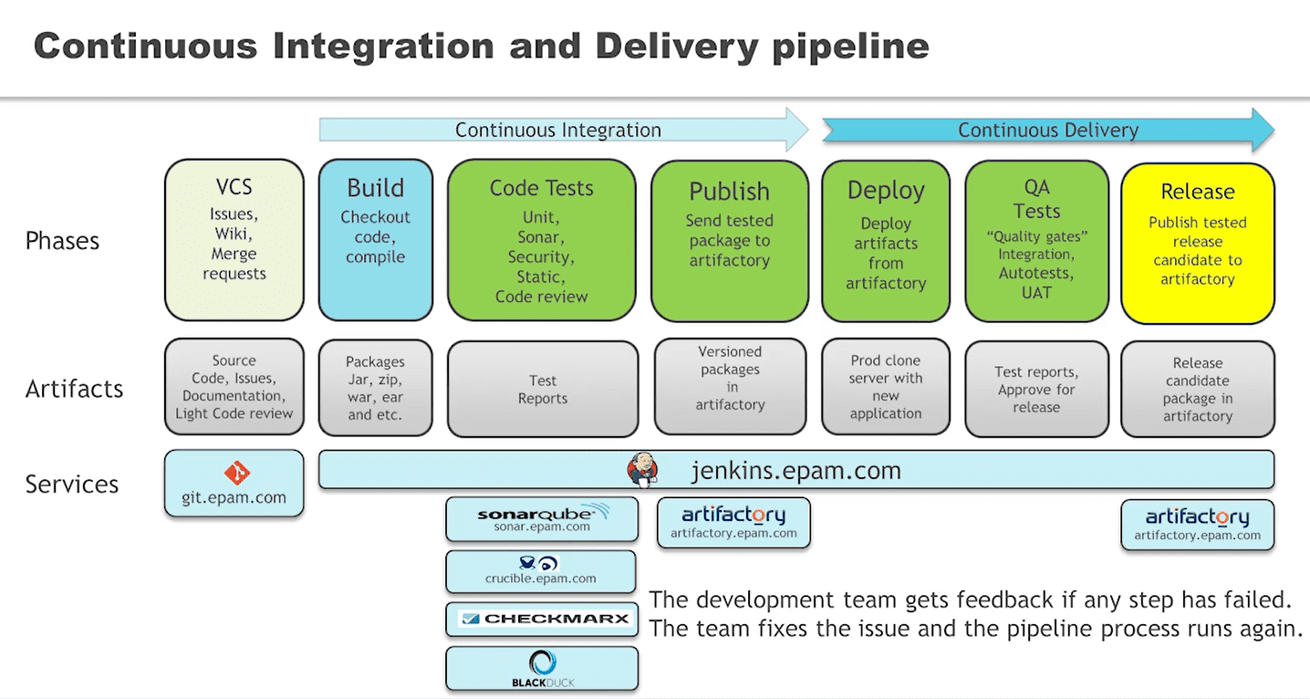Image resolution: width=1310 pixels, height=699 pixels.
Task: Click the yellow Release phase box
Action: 1197,243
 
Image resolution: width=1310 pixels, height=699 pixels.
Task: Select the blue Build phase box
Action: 375,240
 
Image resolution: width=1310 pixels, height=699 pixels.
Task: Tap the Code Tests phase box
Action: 541,240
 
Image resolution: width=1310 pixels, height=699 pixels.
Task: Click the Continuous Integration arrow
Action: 558,130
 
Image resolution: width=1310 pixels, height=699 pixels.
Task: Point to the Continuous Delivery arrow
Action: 1047,130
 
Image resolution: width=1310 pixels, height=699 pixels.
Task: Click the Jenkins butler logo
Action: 642,471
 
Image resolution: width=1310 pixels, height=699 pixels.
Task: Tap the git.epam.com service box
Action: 234,483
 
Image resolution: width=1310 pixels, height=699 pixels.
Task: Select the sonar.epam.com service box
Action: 541,519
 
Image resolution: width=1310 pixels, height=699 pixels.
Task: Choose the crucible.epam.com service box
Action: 541,571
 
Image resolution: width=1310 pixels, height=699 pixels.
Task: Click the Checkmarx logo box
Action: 545,619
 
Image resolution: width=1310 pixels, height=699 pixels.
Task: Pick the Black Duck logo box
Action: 542,669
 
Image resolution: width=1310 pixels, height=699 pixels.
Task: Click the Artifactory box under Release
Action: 1197,525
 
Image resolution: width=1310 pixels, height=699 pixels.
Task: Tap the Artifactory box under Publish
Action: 733,523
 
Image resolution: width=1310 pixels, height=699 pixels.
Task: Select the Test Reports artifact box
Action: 543,389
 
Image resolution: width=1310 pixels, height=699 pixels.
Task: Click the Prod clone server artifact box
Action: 885,387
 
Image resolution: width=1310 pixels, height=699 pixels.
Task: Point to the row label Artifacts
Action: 74,389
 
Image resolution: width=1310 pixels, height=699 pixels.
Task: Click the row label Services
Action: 72,484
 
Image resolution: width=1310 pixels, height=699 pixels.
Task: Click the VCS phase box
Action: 234,240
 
